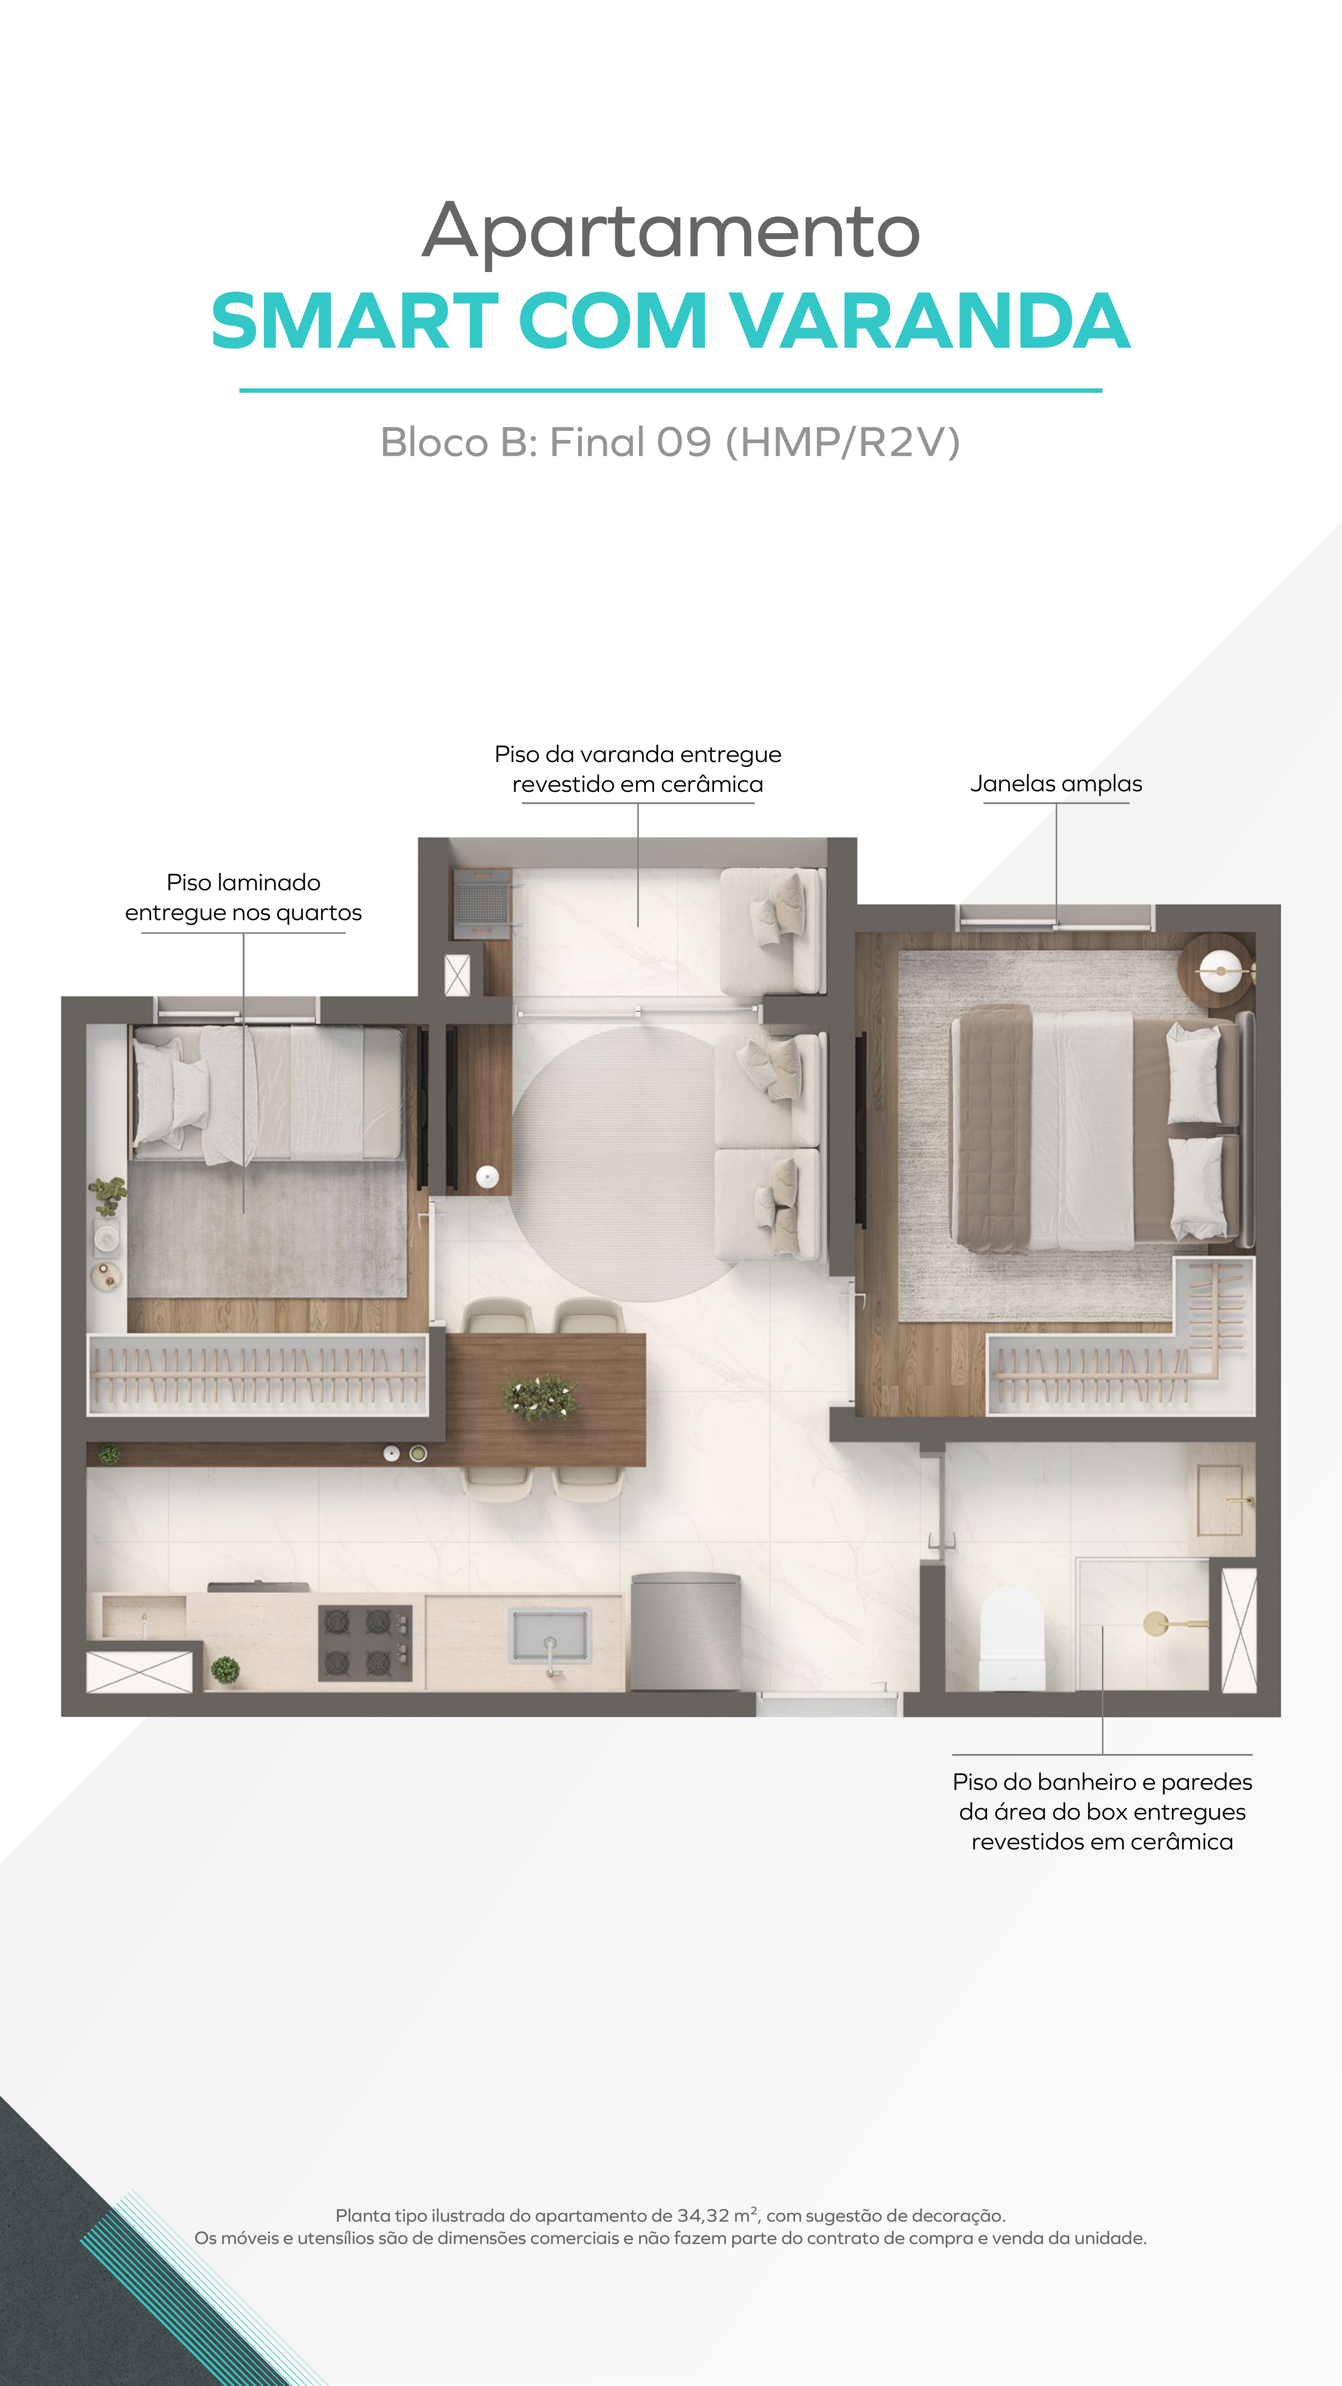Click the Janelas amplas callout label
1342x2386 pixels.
tap(1056, 784)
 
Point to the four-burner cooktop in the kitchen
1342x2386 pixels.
tap(365, 1642)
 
